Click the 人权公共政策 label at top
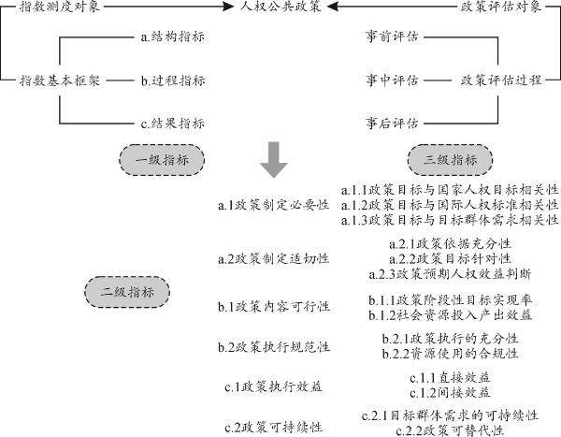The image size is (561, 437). point(280,8)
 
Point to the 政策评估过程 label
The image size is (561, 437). point(501,80)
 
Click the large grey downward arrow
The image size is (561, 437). point(273,159)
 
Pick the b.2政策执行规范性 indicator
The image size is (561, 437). point(273,347)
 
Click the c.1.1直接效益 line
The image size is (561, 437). point(451,377)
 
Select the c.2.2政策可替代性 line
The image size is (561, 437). point(451,430)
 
